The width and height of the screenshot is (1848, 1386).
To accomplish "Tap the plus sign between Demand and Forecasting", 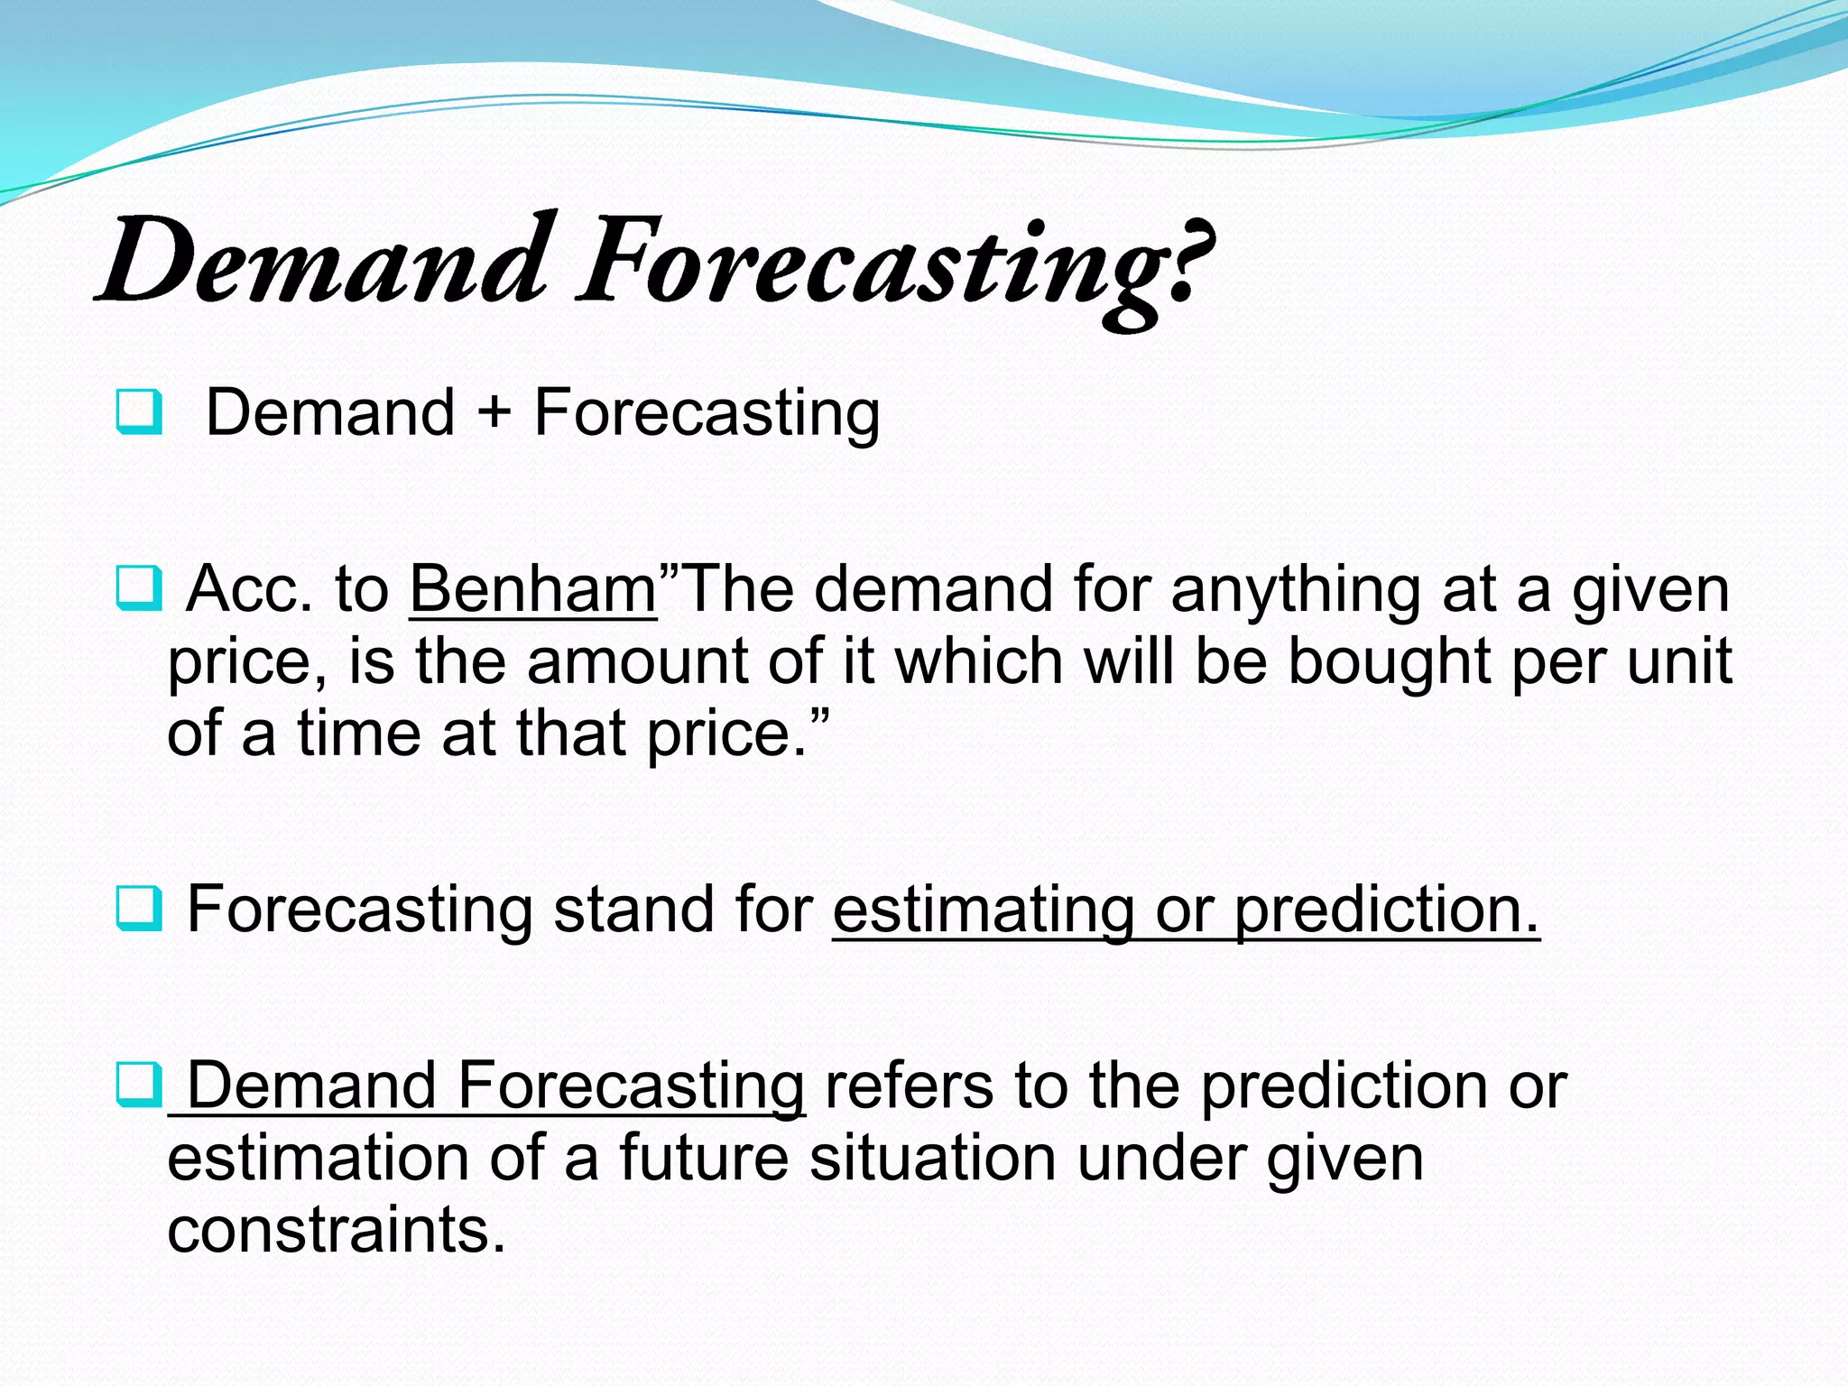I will (494, 413).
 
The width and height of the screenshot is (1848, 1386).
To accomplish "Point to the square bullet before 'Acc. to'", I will (140, 588).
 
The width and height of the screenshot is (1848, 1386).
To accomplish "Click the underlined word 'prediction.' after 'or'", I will (1386, 910).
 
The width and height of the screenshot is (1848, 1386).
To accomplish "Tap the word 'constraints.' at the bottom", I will (337, 1231).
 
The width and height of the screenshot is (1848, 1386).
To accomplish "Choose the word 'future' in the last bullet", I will (703, 1159).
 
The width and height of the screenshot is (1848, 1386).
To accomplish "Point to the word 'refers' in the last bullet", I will (909, 1086).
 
